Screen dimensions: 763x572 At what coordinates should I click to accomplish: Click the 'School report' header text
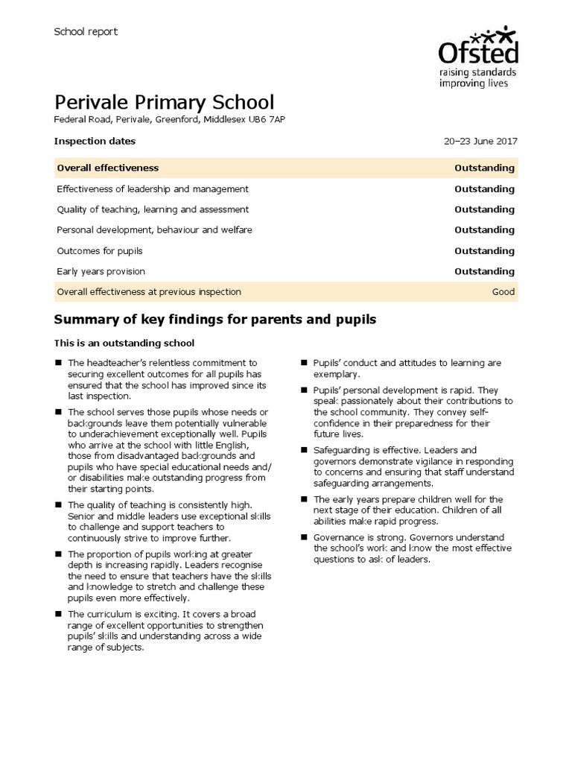click(86, 31)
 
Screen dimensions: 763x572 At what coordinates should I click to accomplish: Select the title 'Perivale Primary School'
click(165, 102)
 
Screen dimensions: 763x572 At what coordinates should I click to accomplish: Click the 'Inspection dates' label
click(95, 141)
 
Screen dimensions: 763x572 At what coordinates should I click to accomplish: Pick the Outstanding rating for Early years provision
click(484, 271)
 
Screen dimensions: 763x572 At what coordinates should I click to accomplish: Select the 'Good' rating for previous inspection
click(503, 292)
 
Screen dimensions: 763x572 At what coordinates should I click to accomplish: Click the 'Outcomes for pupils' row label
click(99, 251)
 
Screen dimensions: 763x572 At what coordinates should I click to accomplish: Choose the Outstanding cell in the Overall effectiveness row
click(484, 168)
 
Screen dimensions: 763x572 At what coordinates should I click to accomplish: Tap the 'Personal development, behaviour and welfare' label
click(154, 230)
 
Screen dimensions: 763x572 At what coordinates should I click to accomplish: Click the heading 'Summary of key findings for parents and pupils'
click(215, 320)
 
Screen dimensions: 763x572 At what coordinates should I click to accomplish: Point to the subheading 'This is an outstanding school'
click(124, 343)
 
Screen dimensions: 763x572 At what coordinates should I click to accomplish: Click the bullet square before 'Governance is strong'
click(304, 537)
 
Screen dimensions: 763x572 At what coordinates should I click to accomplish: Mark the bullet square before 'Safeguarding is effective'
click(304, 450)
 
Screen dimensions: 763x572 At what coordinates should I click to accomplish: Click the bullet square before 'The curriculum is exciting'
click(58, 614)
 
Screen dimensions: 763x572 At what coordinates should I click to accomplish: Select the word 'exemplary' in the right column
click(337, 373)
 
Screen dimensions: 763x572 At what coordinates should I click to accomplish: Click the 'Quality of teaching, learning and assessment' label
click(153, 209)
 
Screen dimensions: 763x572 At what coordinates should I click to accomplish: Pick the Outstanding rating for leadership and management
click(484, 189)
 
